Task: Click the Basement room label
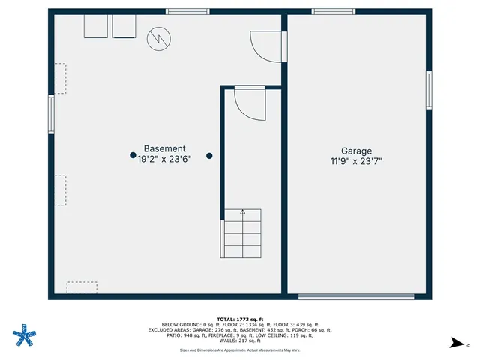[164, 149]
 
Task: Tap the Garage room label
[356, 151]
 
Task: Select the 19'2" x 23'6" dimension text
[164, 160]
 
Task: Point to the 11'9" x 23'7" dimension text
[356, 161]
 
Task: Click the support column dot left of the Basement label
[133, 156]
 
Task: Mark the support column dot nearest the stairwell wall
[210, 156]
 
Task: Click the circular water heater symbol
[158, 38]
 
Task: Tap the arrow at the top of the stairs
[242, 212]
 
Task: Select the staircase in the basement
[241, 233]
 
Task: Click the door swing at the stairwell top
[249, 102]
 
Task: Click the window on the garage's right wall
[429, 90]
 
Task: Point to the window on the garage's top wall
[334, 11]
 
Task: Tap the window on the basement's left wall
[52, 114]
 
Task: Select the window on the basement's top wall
[187, 11]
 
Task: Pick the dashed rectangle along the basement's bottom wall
[82, 287]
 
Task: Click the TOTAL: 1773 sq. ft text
[239, 319]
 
